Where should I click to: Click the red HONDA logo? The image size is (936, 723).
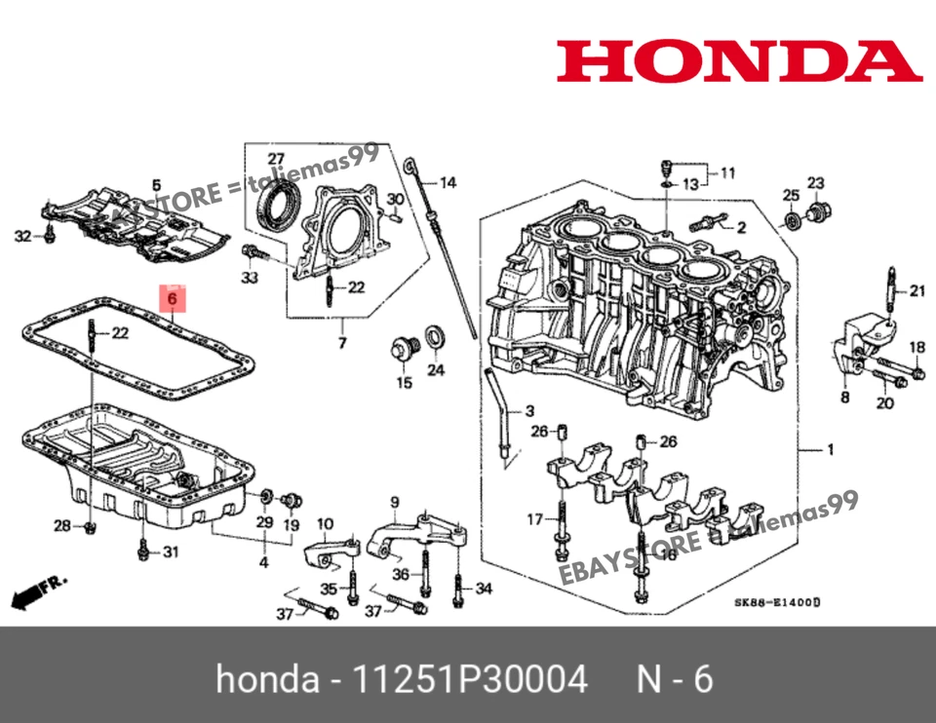click(x=739, y=60)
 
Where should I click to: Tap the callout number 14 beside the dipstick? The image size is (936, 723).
click(x=447, y=183)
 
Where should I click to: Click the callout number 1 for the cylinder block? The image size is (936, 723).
click(x=830, y=450)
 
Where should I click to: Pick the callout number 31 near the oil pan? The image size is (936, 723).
click(x=171, y=553)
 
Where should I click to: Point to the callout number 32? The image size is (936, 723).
click(x=21, y=235)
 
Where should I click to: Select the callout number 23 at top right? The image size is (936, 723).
click(x=815, y=183)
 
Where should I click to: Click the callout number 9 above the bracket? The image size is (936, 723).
click(x=395, y=503)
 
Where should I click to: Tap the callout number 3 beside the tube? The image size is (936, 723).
click(x=530, y=409)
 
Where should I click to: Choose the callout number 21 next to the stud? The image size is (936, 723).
click(x=916, y=290)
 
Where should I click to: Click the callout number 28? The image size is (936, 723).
click(x=61, y=526)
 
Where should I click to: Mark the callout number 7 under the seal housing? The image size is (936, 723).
click(x=342, y=344)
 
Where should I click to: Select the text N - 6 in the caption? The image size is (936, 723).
click(x=675, y=679)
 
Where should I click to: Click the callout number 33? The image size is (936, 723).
click(x=250, y=278)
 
